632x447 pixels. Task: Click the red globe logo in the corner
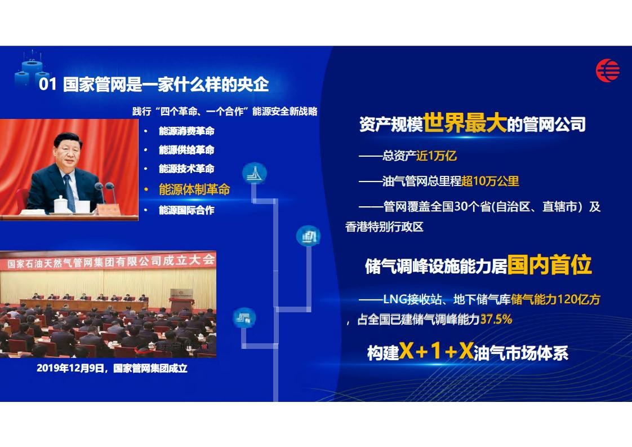[608, 70]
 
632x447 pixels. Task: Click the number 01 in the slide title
[47, 85]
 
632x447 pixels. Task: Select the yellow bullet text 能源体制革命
[194, 189]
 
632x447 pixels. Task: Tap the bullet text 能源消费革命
[186, 131]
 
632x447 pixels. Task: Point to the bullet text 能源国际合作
[186, 210]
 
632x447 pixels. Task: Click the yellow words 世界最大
[465, 123]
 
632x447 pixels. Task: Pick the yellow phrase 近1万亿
[437, 156]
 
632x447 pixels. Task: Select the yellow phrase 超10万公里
[490, 181]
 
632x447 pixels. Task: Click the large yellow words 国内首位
[549, 265]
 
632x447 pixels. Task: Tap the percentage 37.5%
[496, 320]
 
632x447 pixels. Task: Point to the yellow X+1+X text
[436, 351]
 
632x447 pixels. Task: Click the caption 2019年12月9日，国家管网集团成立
[112, 368]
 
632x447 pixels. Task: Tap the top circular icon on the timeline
[255, 173]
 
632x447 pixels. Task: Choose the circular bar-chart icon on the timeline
[308, 236]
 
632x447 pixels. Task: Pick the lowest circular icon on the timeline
[244, 318]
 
